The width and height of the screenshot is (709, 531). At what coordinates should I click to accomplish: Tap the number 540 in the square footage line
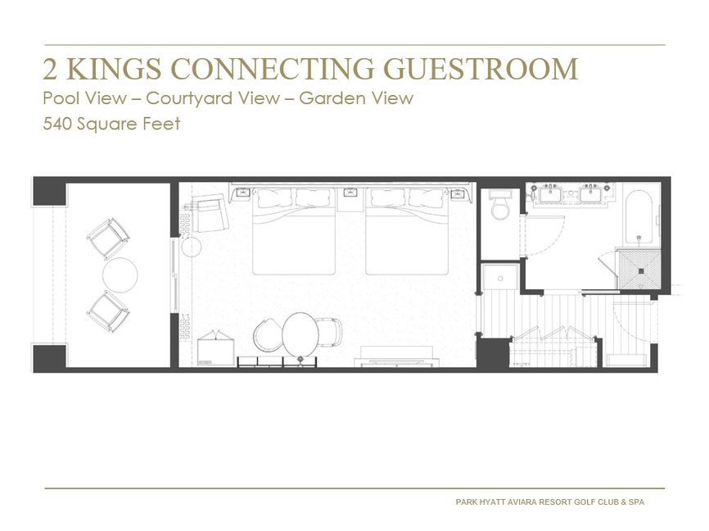[59, 125]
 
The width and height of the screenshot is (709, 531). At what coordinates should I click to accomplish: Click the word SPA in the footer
[634, 501]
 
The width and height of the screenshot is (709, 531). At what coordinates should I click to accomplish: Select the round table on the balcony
[120, 275]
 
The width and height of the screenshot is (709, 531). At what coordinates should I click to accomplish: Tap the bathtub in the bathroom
[638, 216]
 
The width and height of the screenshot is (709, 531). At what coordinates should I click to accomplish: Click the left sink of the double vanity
[549, 196]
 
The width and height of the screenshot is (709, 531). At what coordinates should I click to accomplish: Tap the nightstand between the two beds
[350, 194]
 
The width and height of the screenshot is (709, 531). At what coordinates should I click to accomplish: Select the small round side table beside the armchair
[192, 246]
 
